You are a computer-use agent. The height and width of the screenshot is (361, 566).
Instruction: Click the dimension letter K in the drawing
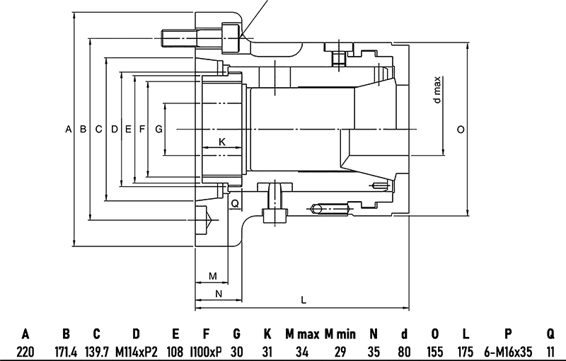(x=221, y=142)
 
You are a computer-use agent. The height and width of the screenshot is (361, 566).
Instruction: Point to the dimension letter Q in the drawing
(x=234, y=203)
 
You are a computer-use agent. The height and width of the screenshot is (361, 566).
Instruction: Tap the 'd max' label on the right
(x=437, y=90)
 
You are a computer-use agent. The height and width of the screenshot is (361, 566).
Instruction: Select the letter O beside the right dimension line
(x=461, y=130)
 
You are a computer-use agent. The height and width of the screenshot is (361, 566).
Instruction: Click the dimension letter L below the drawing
(x=304, y=299)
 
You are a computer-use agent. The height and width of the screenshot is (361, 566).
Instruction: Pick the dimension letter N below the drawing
(x=218, y=292)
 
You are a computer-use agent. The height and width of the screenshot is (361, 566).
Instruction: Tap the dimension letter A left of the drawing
(x=68, y=130)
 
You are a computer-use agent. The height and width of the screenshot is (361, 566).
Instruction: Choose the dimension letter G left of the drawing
(x=158, y=130)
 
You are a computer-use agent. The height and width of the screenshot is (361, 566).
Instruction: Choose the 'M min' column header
(x=340, y=333)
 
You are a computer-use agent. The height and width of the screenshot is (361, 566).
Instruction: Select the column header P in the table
(x=507, y=333)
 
